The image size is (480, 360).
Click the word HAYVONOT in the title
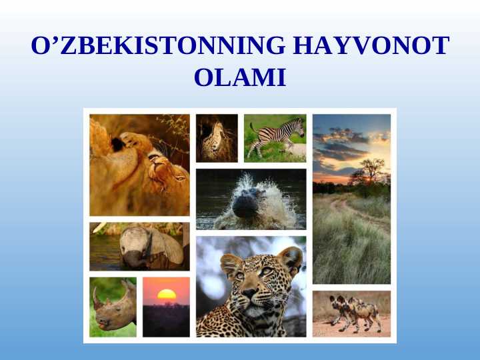pyautogui.click(x=371, y=46)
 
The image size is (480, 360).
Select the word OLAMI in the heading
pyautogui.click(x=240, y=78)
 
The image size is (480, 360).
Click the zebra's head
pyautogui.click(x=298, y=125)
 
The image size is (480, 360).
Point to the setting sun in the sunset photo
pyautogui.click(x=166, y=294)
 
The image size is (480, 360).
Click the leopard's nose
pyautogui.click(x=249, y=292)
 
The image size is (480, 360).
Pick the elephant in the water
pyautogui.click(x=150, y=247)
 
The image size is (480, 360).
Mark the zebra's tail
pyautogui.click(x=251, y=127)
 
